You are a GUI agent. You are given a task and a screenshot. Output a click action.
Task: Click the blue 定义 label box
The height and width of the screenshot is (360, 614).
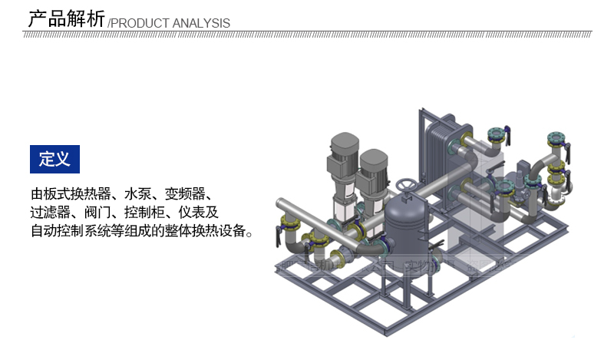point(54,159)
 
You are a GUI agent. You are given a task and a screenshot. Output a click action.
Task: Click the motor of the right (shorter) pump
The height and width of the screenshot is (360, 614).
point(373,165)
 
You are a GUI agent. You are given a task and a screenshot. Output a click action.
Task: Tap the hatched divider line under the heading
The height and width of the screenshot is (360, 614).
point(307,33)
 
